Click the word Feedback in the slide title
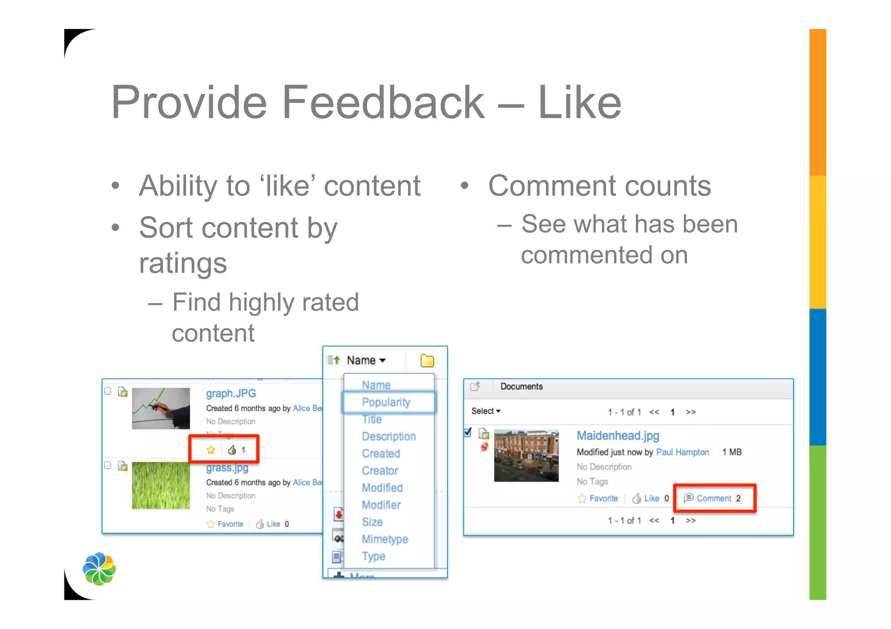pos(383,103)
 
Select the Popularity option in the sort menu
pos(386,402)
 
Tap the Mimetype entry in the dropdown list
pos(385,539)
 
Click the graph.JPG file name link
pos(231,393)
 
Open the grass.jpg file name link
pos(227,468)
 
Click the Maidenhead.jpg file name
pos(618,436)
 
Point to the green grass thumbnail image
pos(161,485)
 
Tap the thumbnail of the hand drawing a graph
pos(161,408)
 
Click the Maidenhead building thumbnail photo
pos(526,456)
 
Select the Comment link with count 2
pos(714,498)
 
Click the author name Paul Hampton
pos(682,452)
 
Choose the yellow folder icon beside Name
pos(427,360)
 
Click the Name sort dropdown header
pos(366,360)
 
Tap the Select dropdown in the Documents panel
pos(486,411)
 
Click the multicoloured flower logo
pos(99,569)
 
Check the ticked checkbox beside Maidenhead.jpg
pos(468,433)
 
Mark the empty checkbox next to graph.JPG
pos(108,391)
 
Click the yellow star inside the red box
pos(211,450)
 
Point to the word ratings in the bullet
pos(183,263)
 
